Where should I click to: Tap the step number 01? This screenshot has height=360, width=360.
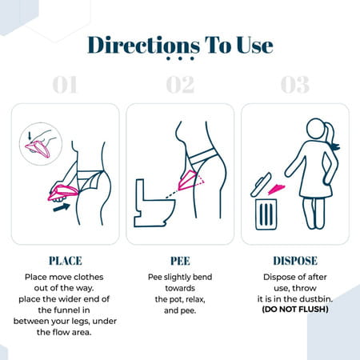(66, 86)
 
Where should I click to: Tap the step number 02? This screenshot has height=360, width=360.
(179, 86)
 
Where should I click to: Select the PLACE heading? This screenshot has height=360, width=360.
(66, 261)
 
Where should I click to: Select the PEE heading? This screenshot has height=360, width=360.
(179, 261)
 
